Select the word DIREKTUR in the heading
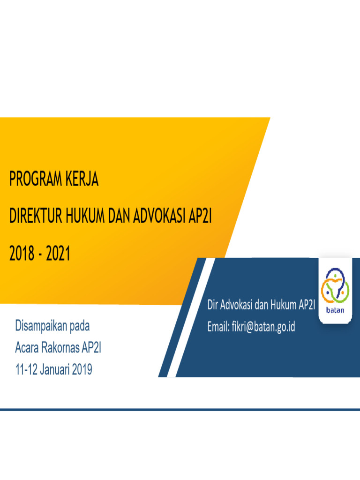36,217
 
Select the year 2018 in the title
22,254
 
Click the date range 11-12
26,370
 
